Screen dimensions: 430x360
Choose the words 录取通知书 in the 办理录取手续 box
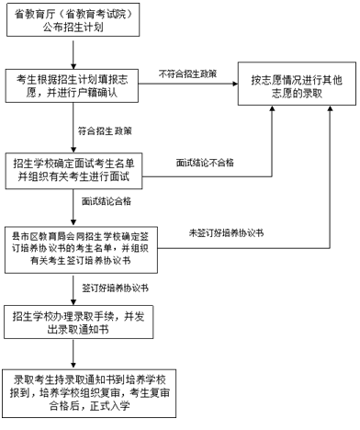tap(84, 329)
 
